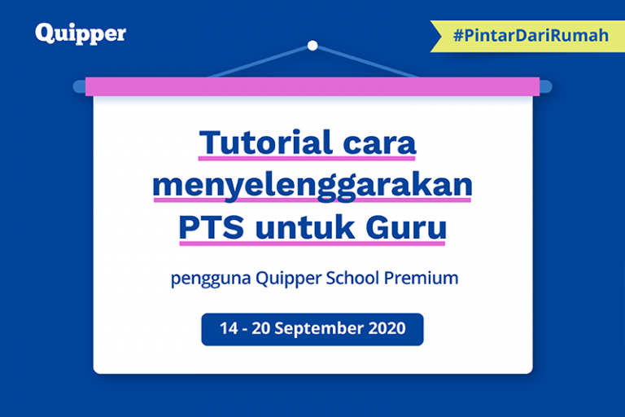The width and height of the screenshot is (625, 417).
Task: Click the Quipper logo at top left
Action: click(x=81, y=33)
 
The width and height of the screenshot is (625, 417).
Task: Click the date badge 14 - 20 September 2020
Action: click(x=312, y=329)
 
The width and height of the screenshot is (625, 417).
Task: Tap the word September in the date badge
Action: click(x=317, y=330)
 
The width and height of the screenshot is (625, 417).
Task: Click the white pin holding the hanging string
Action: click(x=312, y=46)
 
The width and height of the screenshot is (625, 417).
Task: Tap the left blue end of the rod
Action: click(x=79, y=86)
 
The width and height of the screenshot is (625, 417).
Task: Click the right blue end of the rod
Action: click(x=546, y=86)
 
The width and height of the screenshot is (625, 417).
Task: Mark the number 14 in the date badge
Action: click(x=228, y=329)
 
